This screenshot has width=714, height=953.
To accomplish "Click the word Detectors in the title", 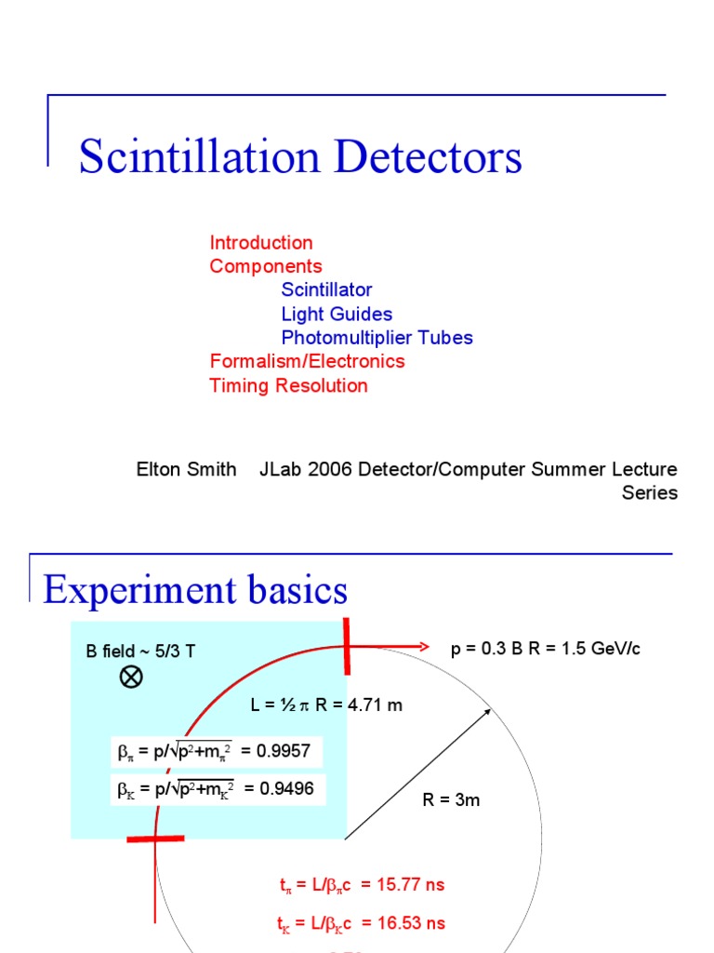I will click(x=428, y=156).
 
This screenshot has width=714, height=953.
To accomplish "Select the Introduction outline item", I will click(x=261, y=243).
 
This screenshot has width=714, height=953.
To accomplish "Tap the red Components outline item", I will click(x=266, y=266).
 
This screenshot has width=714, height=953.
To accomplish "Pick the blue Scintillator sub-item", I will click(x=326, y=290).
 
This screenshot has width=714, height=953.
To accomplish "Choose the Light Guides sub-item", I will click(x=337, y=315).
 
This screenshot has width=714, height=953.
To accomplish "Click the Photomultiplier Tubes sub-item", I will click(x=377, y=338).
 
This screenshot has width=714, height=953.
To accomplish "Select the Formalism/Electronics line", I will click(x=307, y=361).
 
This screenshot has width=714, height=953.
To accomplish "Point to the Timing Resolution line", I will click(x=288, y=385).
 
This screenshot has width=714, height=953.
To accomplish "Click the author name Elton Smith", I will click(x=186, y=469).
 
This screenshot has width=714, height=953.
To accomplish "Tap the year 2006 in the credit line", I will click(x=324, y=469).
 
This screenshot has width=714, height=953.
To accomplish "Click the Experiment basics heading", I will click(x=195, y=590).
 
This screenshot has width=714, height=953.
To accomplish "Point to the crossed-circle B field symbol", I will click(x=131, y=678).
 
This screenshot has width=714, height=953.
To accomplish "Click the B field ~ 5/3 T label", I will click(x=140, y=651).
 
